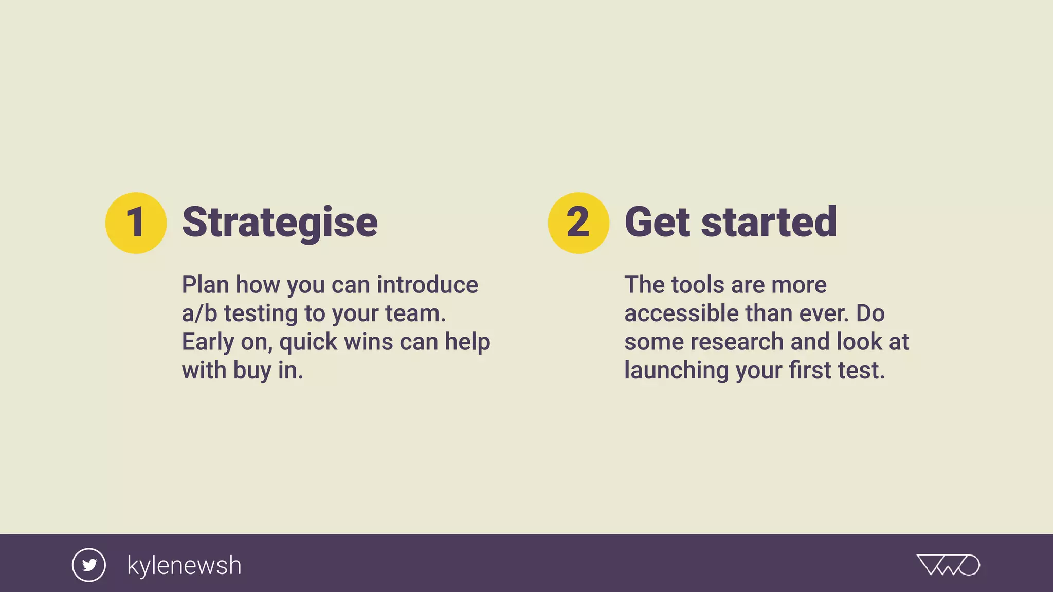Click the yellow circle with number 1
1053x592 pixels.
[x=136, y=223]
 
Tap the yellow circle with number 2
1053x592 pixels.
[x=578, y=223]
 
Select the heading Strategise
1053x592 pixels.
[x=280, y=223]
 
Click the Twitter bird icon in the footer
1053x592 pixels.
[x=89, y=565]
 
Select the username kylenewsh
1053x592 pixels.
[x=184, y=565]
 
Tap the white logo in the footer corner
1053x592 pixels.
[x=948, y=565]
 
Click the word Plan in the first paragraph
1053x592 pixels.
[x=205, y=285]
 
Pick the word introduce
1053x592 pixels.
[x=427, y=285]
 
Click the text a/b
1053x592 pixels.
[x=199, y=313]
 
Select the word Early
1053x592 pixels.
[x=208, y=342]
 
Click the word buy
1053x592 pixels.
[x=252, y=371]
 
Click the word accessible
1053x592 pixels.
[x=681, y=313]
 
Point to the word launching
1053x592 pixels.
[x=676, y=371]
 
